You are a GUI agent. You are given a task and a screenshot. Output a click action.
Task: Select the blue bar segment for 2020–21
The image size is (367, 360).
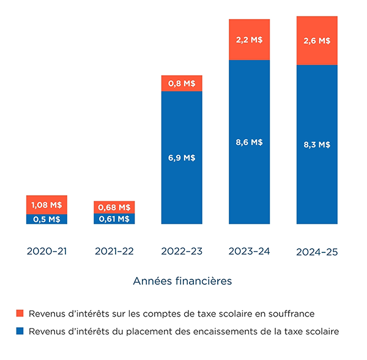pyautogui.click(x=46, y=219)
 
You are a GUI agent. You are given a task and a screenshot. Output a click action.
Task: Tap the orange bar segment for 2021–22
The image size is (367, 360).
pyautogui.click(x=114, y=207)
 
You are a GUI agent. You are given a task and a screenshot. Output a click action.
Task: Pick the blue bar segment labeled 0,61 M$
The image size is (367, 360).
pyautogui.click(x=114, y=219)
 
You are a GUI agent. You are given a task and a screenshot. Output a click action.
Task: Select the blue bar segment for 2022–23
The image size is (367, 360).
pyautogui.click(x=182, y=158)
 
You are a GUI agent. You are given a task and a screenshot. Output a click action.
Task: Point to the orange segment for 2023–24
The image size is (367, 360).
pyautogui.click(x=249, y=40)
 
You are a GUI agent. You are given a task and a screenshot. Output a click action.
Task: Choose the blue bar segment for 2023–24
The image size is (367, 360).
pyautogui.click(x=249, y=142)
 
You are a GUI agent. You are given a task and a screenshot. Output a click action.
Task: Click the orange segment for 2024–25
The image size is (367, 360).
pyautogui.click(x=316, y=41)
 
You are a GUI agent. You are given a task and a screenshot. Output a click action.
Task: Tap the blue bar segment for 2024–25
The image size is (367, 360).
pyautogui.click(x=316, y=145)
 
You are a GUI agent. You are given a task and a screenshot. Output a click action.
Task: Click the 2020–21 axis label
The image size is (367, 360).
pyautogui.click(x=46, y=251)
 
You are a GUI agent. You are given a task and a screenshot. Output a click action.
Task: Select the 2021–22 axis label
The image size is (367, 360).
pyautogui.click(x=114, y=251)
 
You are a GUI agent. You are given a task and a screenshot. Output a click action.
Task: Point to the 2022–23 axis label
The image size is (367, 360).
pyautogui.click(x=182, y=251)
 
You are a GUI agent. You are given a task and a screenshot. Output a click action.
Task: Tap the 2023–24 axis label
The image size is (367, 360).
pyautogui.click(x=249, y=251)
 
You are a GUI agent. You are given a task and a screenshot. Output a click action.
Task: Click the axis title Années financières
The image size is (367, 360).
pyautogui.click(x=182, y=282)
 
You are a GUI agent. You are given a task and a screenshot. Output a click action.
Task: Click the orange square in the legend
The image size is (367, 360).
pyautogui.click(x=20, y=314)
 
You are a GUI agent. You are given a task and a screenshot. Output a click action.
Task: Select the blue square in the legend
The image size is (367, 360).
pyautogui.click(x=20, y=331)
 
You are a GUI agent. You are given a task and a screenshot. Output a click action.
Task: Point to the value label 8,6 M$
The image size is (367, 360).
pyautogui.click(x=249, y=142)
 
